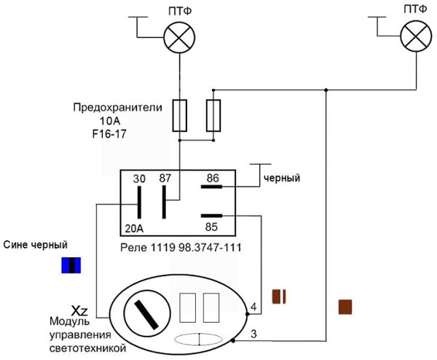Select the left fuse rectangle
click(178, 114)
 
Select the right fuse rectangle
click(213, 114)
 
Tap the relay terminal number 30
click(138, 177)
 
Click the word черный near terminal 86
click(282, 177)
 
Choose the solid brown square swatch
click(345, 306)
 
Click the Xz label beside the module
click(79, 309)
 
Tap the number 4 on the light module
click(253, 307)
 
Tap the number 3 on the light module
click(253, 334)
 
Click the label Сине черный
click(32, 245)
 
